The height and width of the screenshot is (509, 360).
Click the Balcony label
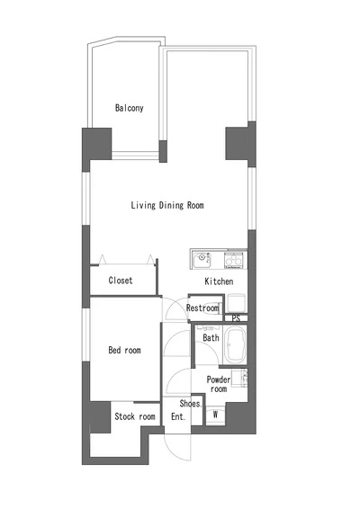(x=130, y=108)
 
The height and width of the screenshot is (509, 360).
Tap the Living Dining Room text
(x=167, y=205)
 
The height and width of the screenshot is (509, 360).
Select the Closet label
(x=121, y=281)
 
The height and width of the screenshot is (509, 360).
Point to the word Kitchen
(x=219, y=281)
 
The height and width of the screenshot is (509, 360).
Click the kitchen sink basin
(x=202, y=260)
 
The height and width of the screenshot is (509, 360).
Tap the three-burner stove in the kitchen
(x=233, y=260)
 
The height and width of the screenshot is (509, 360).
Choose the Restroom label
(x=202, y=308)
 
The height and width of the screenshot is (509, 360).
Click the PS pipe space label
(x=236, y=318)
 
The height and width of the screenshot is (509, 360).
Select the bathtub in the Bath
(x=236, y=344)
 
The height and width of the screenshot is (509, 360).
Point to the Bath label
(x=211, y=337)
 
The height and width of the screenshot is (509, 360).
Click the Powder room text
(x=219, y=384)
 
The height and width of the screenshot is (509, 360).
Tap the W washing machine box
(x=215, y=415)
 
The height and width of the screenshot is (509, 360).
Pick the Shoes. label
(x=191, y=404)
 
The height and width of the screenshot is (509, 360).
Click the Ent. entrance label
(x=178, y=416)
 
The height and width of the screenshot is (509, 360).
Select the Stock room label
(x=135, y=416)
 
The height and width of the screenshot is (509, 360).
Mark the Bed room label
(x=125, y=350)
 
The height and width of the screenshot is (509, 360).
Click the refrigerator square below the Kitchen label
(x=237, y=303)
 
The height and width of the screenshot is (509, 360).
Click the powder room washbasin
(x=240, y=378)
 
